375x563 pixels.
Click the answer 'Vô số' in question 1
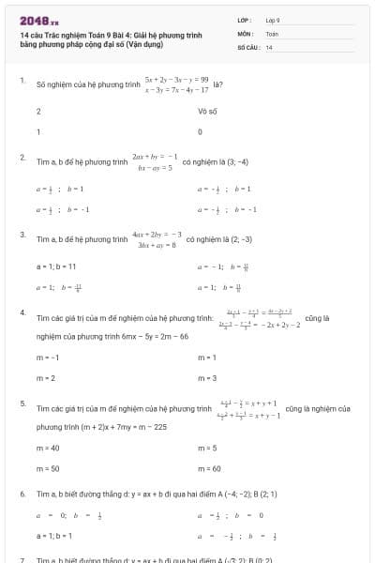(x=207, y=111)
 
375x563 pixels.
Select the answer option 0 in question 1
(x=201, y=131)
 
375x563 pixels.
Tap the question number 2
(x=22, y=157)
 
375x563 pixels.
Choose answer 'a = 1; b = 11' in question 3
(x=55, y=266)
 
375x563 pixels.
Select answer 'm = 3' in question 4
(x=207, y=378)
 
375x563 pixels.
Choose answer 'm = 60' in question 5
(x=209, y=468)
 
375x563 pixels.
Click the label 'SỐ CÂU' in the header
(x=248, y=46)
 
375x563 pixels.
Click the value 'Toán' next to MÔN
(x=272, y=33)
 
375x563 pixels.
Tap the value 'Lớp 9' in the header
(x=273, y=20)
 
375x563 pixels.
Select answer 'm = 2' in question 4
(x=46, y=378)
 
